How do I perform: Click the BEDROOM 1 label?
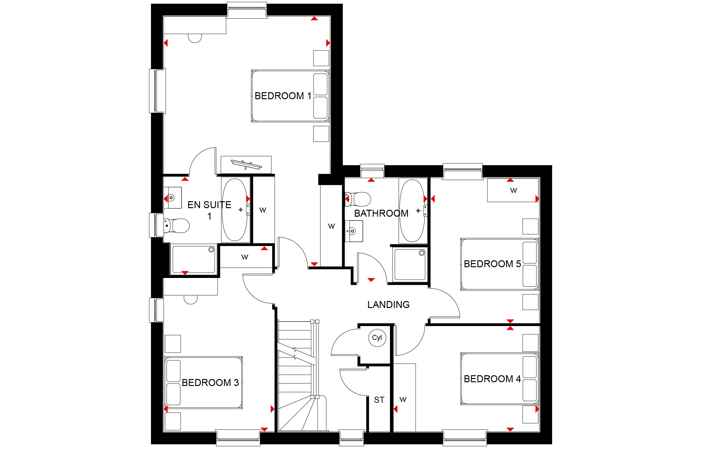coord(283,96)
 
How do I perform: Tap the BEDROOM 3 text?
coord(210,383)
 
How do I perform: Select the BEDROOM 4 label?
coord(492,379)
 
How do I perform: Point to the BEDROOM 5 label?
coord(492,264)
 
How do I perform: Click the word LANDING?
coord(388,304)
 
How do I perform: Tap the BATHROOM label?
coord(381,213)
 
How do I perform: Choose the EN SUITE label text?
coord(209,205)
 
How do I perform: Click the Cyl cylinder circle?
coord(377,338)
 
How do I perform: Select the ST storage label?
coord(379,400)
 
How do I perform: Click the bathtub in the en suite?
coord(235,210)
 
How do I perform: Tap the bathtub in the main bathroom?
coord(412,211)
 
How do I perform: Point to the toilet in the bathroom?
coord(358,199)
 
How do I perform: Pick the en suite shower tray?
coord(194,259)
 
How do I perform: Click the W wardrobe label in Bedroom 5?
coord(514,190)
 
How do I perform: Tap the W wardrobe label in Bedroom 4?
coord(403,400)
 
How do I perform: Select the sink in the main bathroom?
coord(354,231)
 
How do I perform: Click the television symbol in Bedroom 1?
coord(246,165)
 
